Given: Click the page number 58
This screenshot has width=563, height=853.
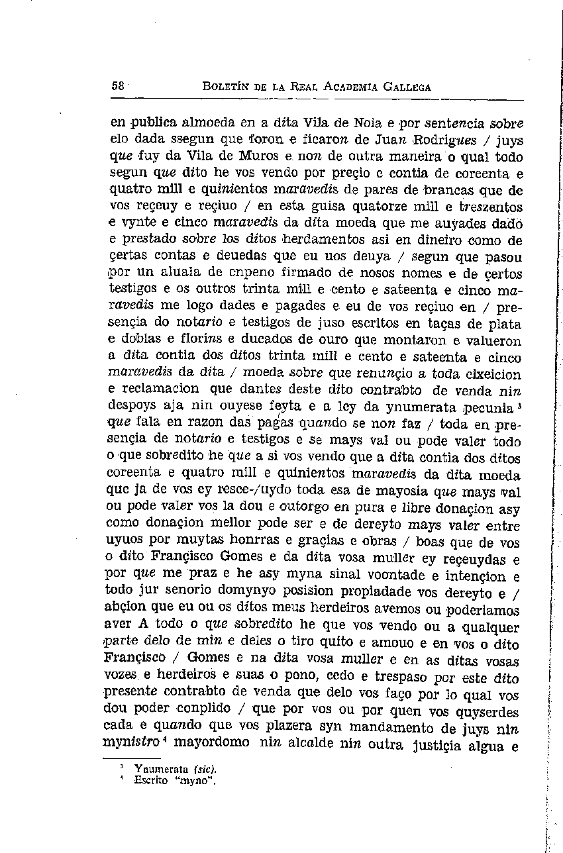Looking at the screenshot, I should (x=119, y=86).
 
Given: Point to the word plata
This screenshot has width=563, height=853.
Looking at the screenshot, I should (x=505, y=324).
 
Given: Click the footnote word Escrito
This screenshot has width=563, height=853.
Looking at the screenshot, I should (x=149, y=780).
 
